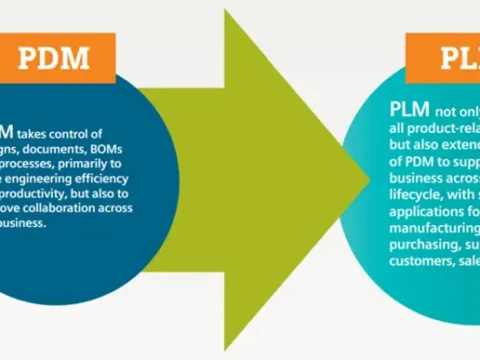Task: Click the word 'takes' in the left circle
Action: (38, 132)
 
